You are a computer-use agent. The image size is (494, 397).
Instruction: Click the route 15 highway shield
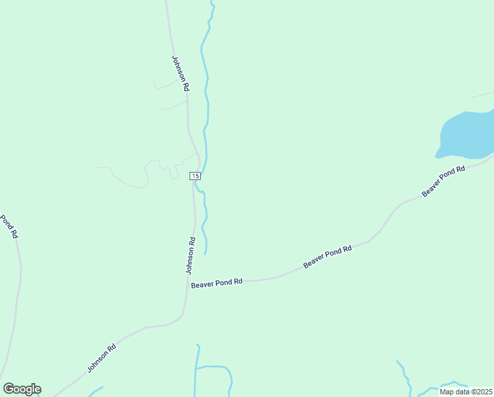[x=195, y=175]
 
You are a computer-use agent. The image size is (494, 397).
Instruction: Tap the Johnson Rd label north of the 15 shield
[x=181, y=73]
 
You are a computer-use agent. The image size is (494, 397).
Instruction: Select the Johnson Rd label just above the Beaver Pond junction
[x=191, y=255]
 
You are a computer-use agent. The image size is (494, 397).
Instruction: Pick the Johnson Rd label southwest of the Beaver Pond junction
[x=102, y=357]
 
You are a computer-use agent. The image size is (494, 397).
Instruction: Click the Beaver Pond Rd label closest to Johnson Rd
[x=217, y=283]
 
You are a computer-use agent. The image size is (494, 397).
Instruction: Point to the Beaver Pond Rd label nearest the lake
[x=444, y=181]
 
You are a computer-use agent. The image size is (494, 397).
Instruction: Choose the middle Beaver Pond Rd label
[x=328, y=256]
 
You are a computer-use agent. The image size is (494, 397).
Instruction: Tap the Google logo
[x=22, y=389]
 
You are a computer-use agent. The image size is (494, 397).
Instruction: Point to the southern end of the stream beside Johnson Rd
[x=205, y=253]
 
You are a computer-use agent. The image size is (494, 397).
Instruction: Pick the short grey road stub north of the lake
[x=481, y=95]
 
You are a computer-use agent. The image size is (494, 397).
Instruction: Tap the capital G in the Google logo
[x=9, y=389]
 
